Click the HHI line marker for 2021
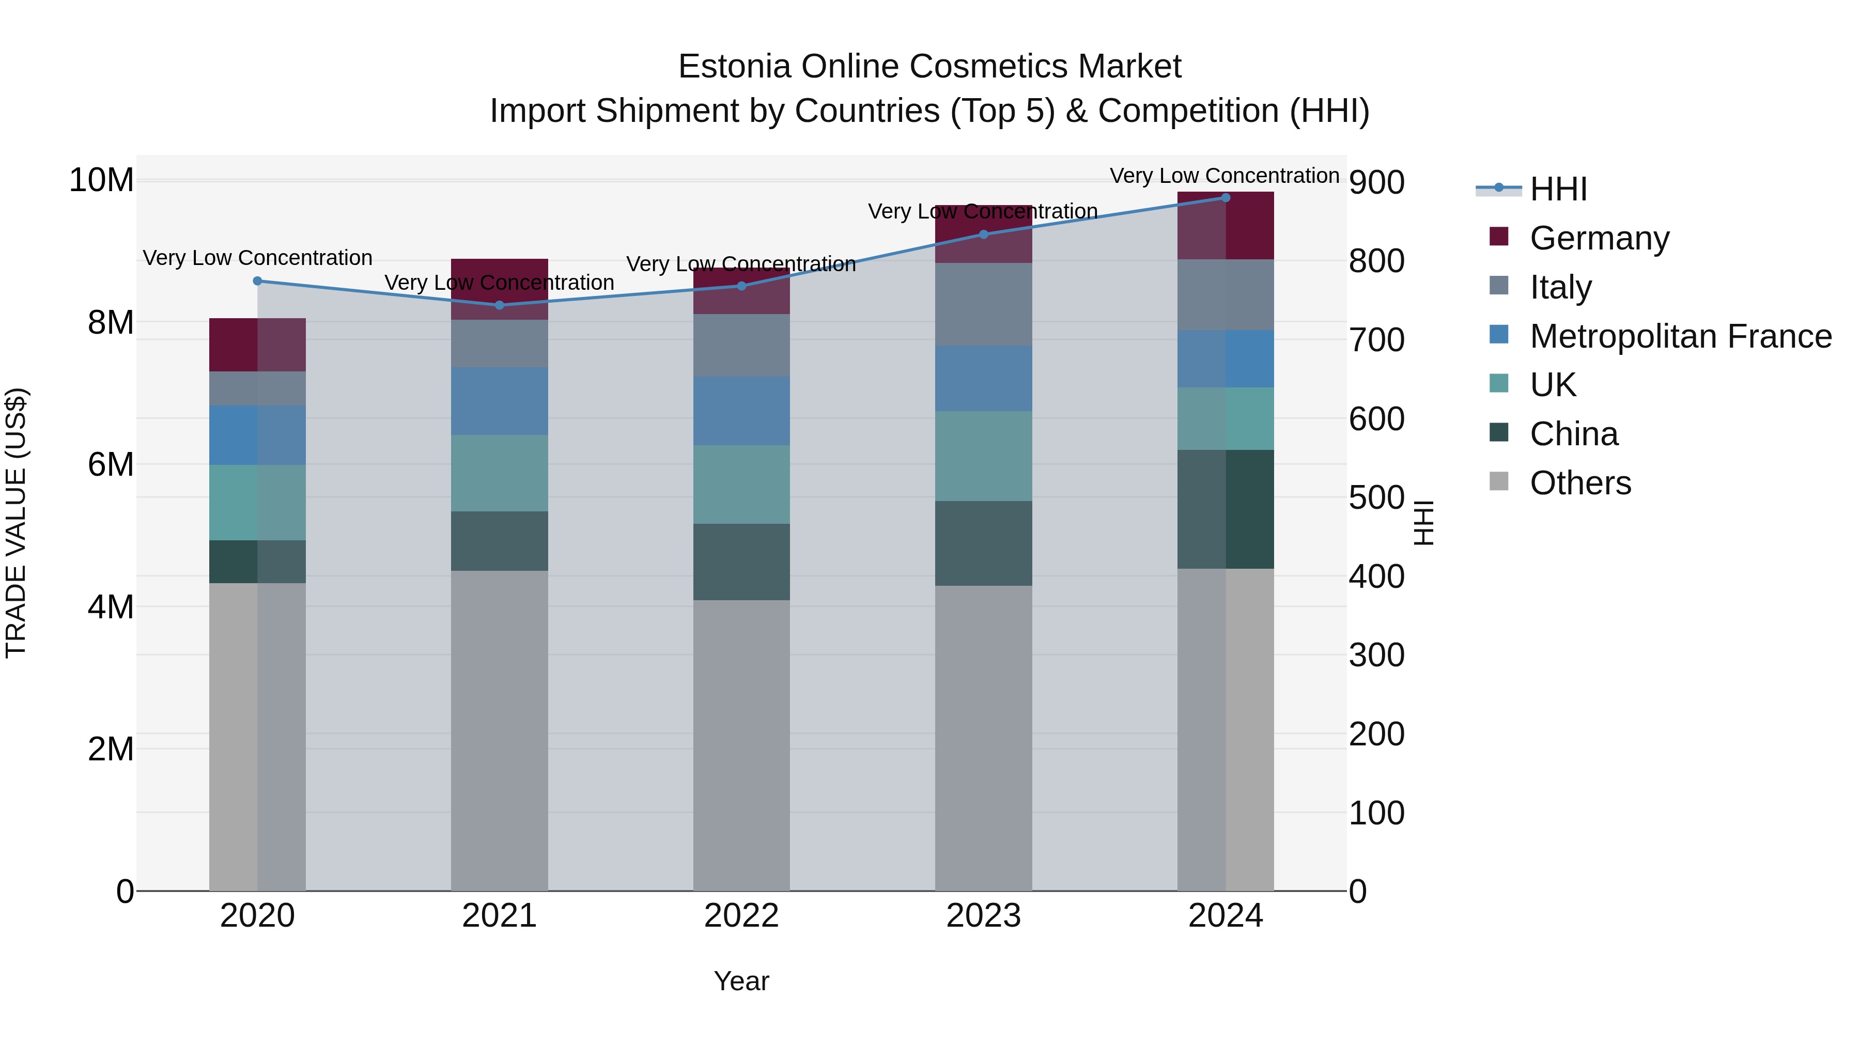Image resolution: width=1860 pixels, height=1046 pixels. point(499,305)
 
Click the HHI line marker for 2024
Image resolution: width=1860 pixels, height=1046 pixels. point(1226,197)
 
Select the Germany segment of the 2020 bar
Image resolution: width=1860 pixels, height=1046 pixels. point(257,345)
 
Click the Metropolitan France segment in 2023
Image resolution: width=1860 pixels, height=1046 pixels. point(983,378)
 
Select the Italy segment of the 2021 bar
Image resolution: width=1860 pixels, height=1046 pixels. point(499,343)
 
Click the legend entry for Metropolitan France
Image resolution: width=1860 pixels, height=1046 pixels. point(1680,336)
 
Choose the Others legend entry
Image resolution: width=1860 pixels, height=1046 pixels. point(1580,483)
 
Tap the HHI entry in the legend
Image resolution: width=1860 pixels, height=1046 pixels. point(1558,189)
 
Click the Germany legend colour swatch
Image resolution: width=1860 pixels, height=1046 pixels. point(1499,237)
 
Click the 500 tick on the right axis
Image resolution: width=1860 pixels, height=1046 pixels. point(1376,497)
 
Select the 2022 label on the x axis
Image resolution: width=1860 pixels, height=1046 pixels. point(741,916)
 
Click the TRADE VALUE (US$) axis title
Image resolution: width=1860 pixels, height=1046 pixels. point(16,523)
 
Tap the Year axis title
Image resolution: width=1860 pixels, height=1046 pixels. point(741,981)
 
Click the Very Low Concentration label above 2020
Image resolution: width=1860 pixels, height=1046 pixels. point(257,258)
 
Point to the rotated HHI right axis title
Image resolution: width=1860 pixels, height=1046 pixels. point(1422,523)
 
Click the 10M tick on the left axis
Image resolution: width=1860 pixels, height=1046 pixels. point(101,180)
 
